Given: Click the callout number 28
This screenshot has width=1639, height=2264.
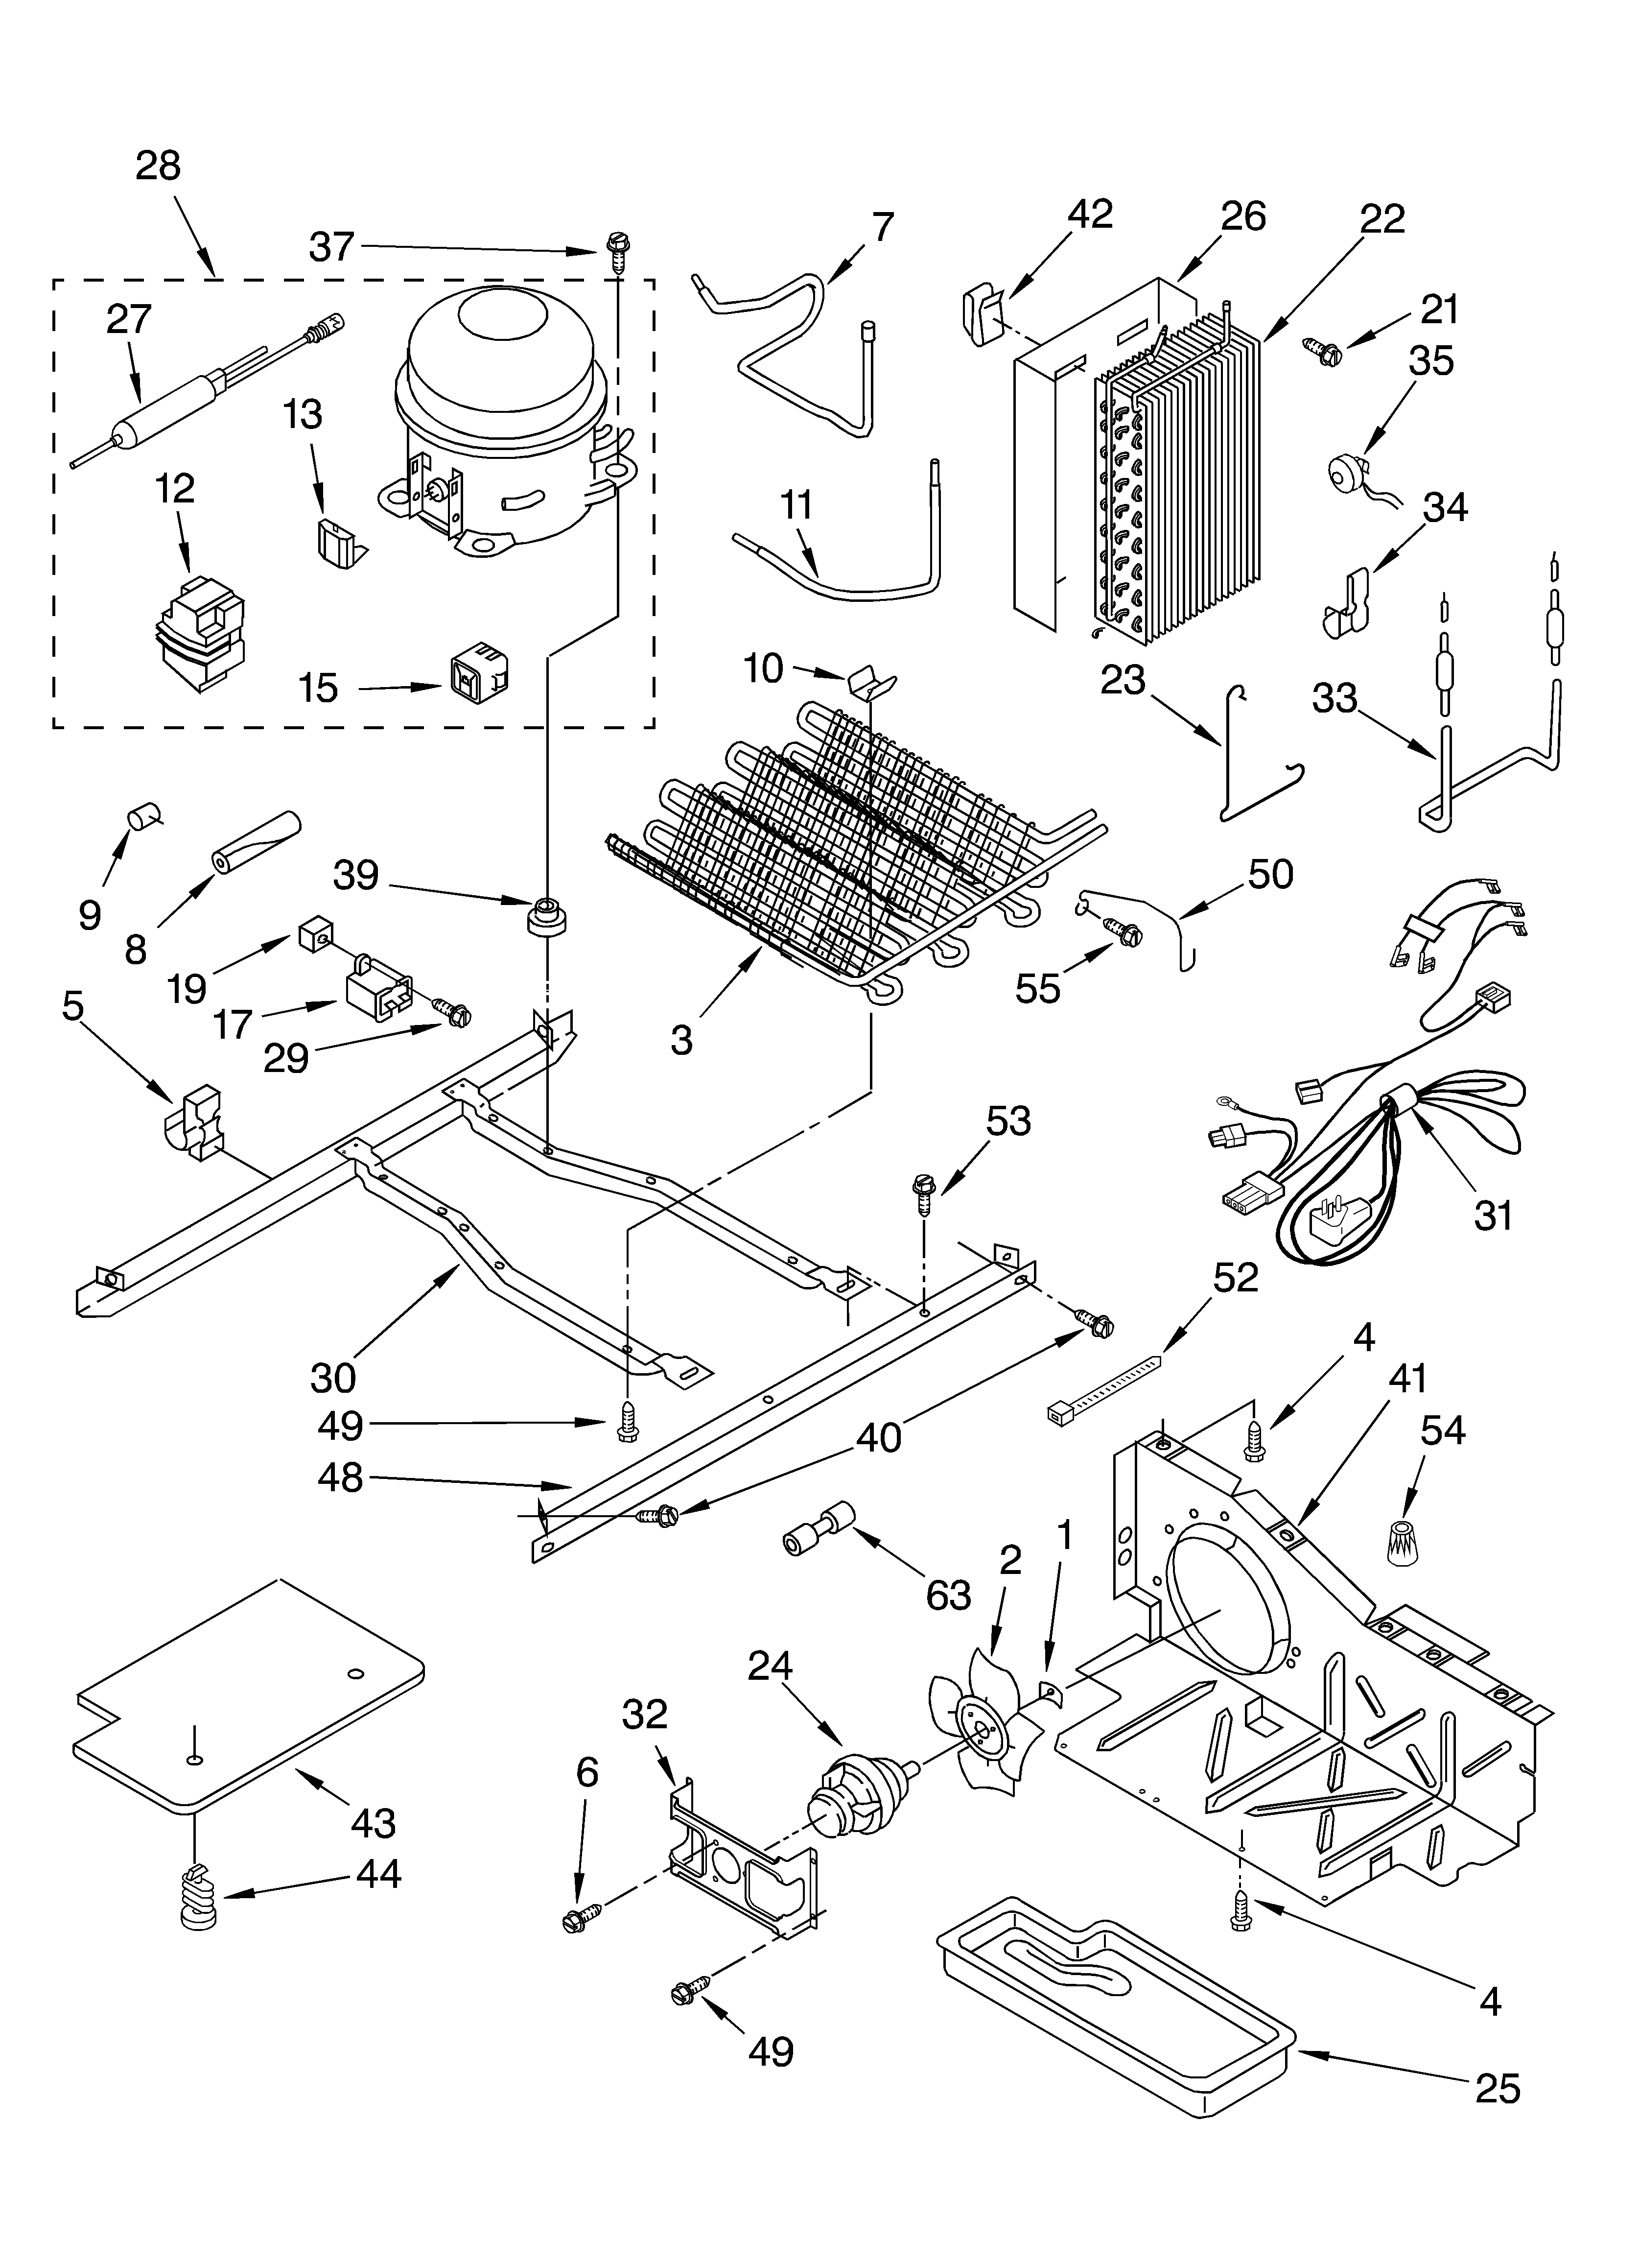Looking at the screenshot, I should pos(158,166).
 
